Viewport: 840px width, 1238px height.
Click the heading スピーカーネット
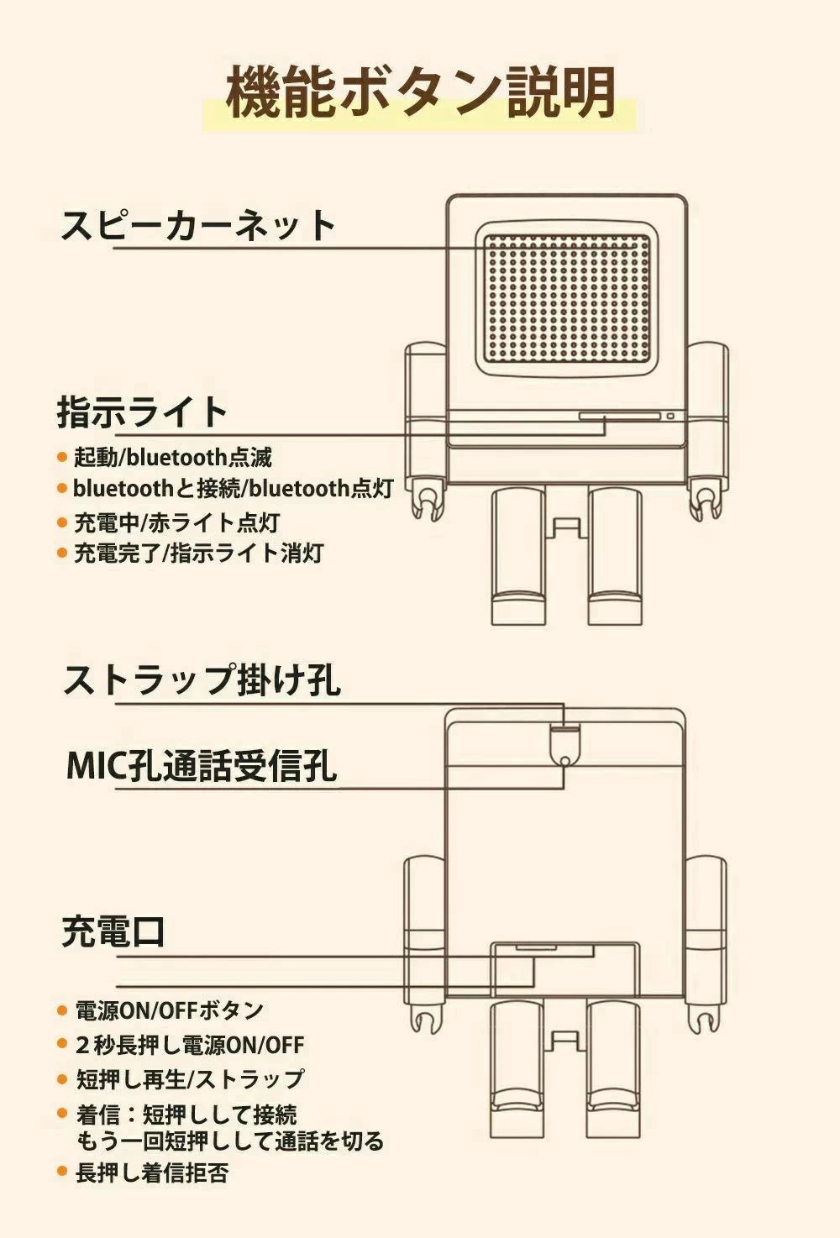point(198,225)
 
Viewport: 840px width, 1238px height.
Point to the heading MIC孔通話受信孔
point(202,765)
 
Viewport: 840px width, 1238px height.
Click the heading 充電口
point(113,931)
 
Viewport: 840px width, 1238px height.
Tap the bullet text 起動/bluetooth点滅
point(173,458)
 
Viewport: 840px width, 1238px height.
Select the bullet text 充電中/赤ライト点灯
point(176,522)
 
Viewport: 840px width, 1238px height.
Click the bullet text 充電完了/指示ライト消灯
point(198,553)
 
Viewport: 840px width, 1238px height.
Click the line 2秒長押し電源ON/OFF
point(190,1046)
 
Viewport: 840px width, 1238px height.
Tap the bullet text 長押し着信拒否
point(152,1173)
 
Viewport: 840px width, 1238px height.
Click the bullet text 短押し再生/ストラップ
point(190,1079)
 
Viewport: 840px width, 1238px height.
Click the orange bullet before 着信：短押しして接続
point(62,1114)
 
